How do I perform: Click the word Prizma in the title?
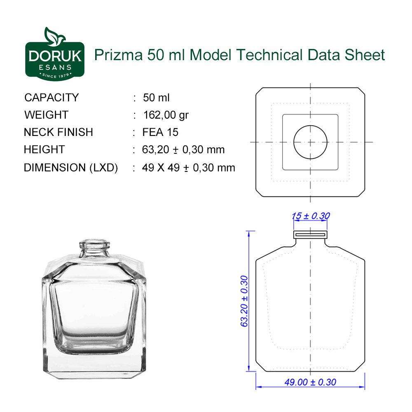[x=118, y=55]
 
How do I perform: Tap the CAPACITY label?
[x=51, y=98]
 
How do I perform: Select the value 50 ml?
[x=156, y=98]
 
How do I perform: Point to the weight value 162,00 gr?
[x=166, y=115]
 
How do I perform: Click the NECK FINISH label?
[x=59, y=132]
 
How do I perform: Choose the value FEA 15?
[x=160, y=132]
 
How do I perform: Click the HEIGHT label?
[x=44, y=150]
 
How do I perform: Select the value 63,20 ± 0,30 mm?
[x=183, y=150]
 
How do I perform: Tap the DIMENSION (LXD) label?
[x=71, y=168]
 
